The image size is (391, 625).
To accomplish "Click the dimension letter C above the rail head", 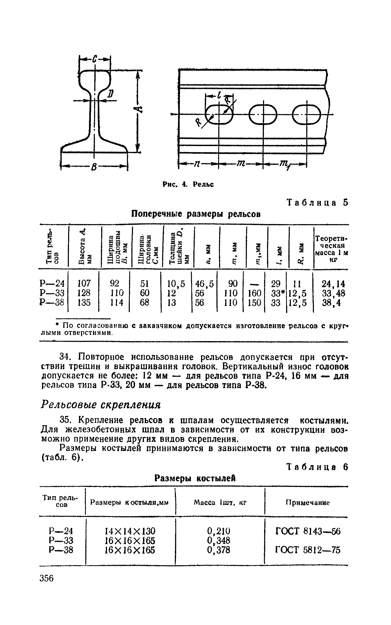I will (95, 59).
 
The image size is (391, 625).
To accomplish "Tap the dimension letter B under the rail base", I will (94, 167).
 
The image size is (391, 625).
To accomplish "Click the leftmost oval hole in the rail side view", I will (219, 115).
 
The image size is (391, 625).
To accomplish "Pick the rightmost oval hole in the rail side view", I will (306, 115).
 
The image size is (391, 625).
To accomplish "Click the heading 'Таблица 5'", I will (317, 203).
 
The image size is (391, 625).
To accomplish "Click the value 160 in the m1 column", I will (254, 293).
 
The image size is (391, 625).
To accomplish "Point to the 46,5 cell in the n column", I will (204, 284).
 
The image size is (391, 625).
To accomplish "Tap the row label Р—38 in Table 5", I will (52, 302).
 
